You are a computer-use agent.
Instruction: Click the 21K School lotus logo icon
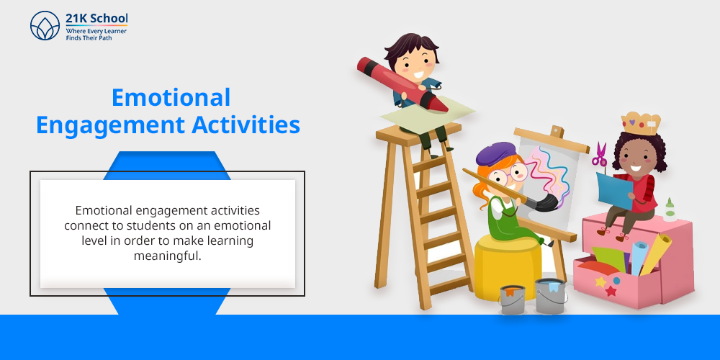pyautogui.click(x=45, y=26)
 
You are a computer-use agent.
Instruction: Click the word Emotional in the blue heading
pyautogui.click(x=171, y=97)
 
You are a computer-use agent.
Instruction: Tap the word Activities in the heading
pyautogui.click(x=246, y=125)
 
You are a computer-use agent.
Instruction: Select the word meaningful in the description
pyautogui.click(x=168, y=256)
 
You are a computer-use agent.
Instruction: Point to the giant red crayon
pyautogui.click(x=402, y=84)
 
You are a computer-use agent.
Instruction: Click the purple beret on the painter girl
pyautogui.click(x=496, y=153)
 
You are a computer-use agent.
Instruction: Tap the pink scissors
pyautogui.click(x=600, y=155)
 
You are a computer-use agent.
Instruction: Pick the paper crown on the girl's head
pyautogui.click(x=641, y=122)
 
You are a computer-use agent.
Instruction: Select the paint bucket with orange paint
pyautogui.click(x=512, y=300)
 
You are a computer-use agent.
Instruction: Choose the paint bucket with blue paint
pyautogui.click(x=551, y=296)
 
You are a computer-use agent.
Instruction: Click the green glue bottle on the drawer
pyautogui.click(x=670, y=210)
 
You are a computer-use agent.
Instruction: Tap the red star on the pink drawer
pyautogui.click(x=611, y=291)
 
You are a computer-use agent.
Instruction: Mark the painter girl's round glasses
pyautogui.click(x=511, y=174)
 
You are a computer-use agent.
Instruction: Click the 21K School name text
pyautogui.click(x=97, y=19)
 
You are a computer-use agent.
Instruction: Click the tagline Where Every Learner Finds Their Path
pyautogui.click(x=96, y=35)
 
